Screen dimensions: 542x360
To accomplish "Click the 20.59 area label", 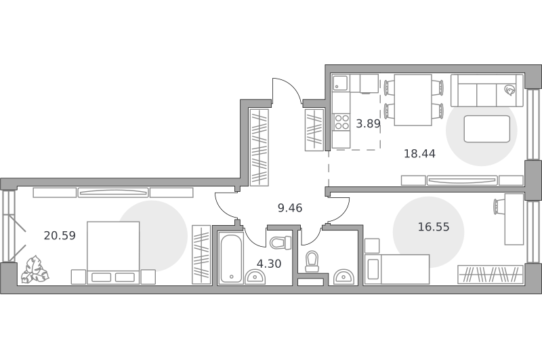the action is (x=60, y=235).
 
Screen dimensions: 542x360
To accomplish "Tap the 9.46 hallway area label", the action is (x=290, y=208).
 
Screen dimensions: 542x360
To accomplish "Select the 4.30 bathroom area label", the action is (x=269, y=264).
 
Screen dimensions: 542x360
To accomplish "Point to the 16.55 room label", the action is (x=434, y=227).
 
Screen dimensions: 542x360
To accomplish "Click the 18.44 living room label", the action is (x=419, y=153).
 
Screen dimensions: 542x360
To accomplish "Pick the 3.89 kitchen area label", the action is (x=368, y=123).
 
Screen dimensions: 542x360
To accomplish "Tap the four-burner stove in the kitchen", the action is (x=341, y=122).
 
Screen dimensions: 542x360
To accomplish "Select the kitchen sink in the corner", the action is (x=341, y=82).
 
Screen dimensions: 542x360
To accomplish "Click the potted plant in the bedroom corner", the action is (x=35, y=270).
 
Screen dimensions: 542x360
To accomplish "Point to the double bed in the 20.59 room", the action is (x=113, y=253).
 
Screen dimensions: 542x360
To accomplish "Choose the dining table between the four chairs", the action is (x=413, y=100).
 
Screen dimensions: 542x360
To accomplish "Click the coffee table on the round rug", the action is (x=486, y=129).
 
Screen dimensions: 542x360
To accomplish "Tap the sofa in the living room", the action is (x=486, y=91).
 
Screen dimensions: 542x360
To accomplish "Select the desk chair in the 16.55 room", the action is (x=499, y=207).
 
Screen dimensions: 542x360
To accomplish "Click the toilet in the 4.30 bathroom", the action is (x=280, y=243).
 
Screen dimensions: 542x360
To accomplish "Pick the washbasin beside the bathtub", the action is (x=255, y=277).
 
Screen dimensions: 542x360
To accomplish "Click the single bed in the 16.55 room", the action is (x=397, y=269).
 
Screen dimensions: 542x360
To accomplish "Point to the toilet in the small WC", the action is (x=312, y=262).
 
